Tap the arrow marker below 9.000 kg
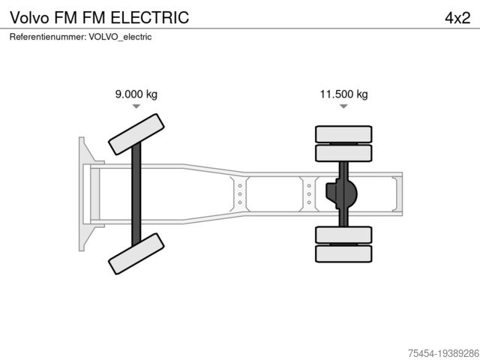(x=136, y=106)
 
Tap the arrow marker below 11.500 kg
(x=343, y=106)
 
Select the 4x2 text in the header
(x=457, y=17)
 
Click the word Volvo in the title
(x=28, y=17)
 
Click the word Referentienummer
(x=47, y=36)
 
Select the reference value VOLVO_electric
(x=120, y=36)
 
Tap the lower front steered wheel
(x=136, y=253)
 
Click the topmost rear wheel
(x=344, y=135)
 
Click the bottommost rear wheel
(x=344, y=253)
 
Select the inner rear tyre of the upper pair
(x=344, y=153)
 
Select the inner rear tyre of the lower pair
(x=344, y=235)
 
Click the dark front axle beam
(x=136, y=194)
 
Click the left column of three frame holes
(x=239, y=193)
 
